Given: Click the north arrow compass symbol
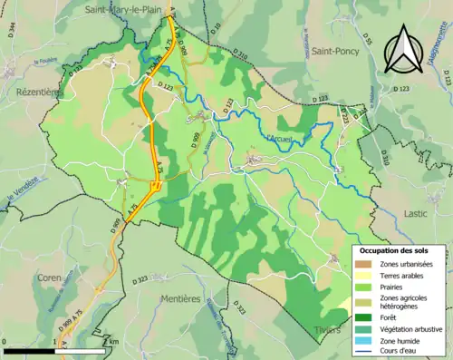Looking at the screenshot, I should tap(402, 50).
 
